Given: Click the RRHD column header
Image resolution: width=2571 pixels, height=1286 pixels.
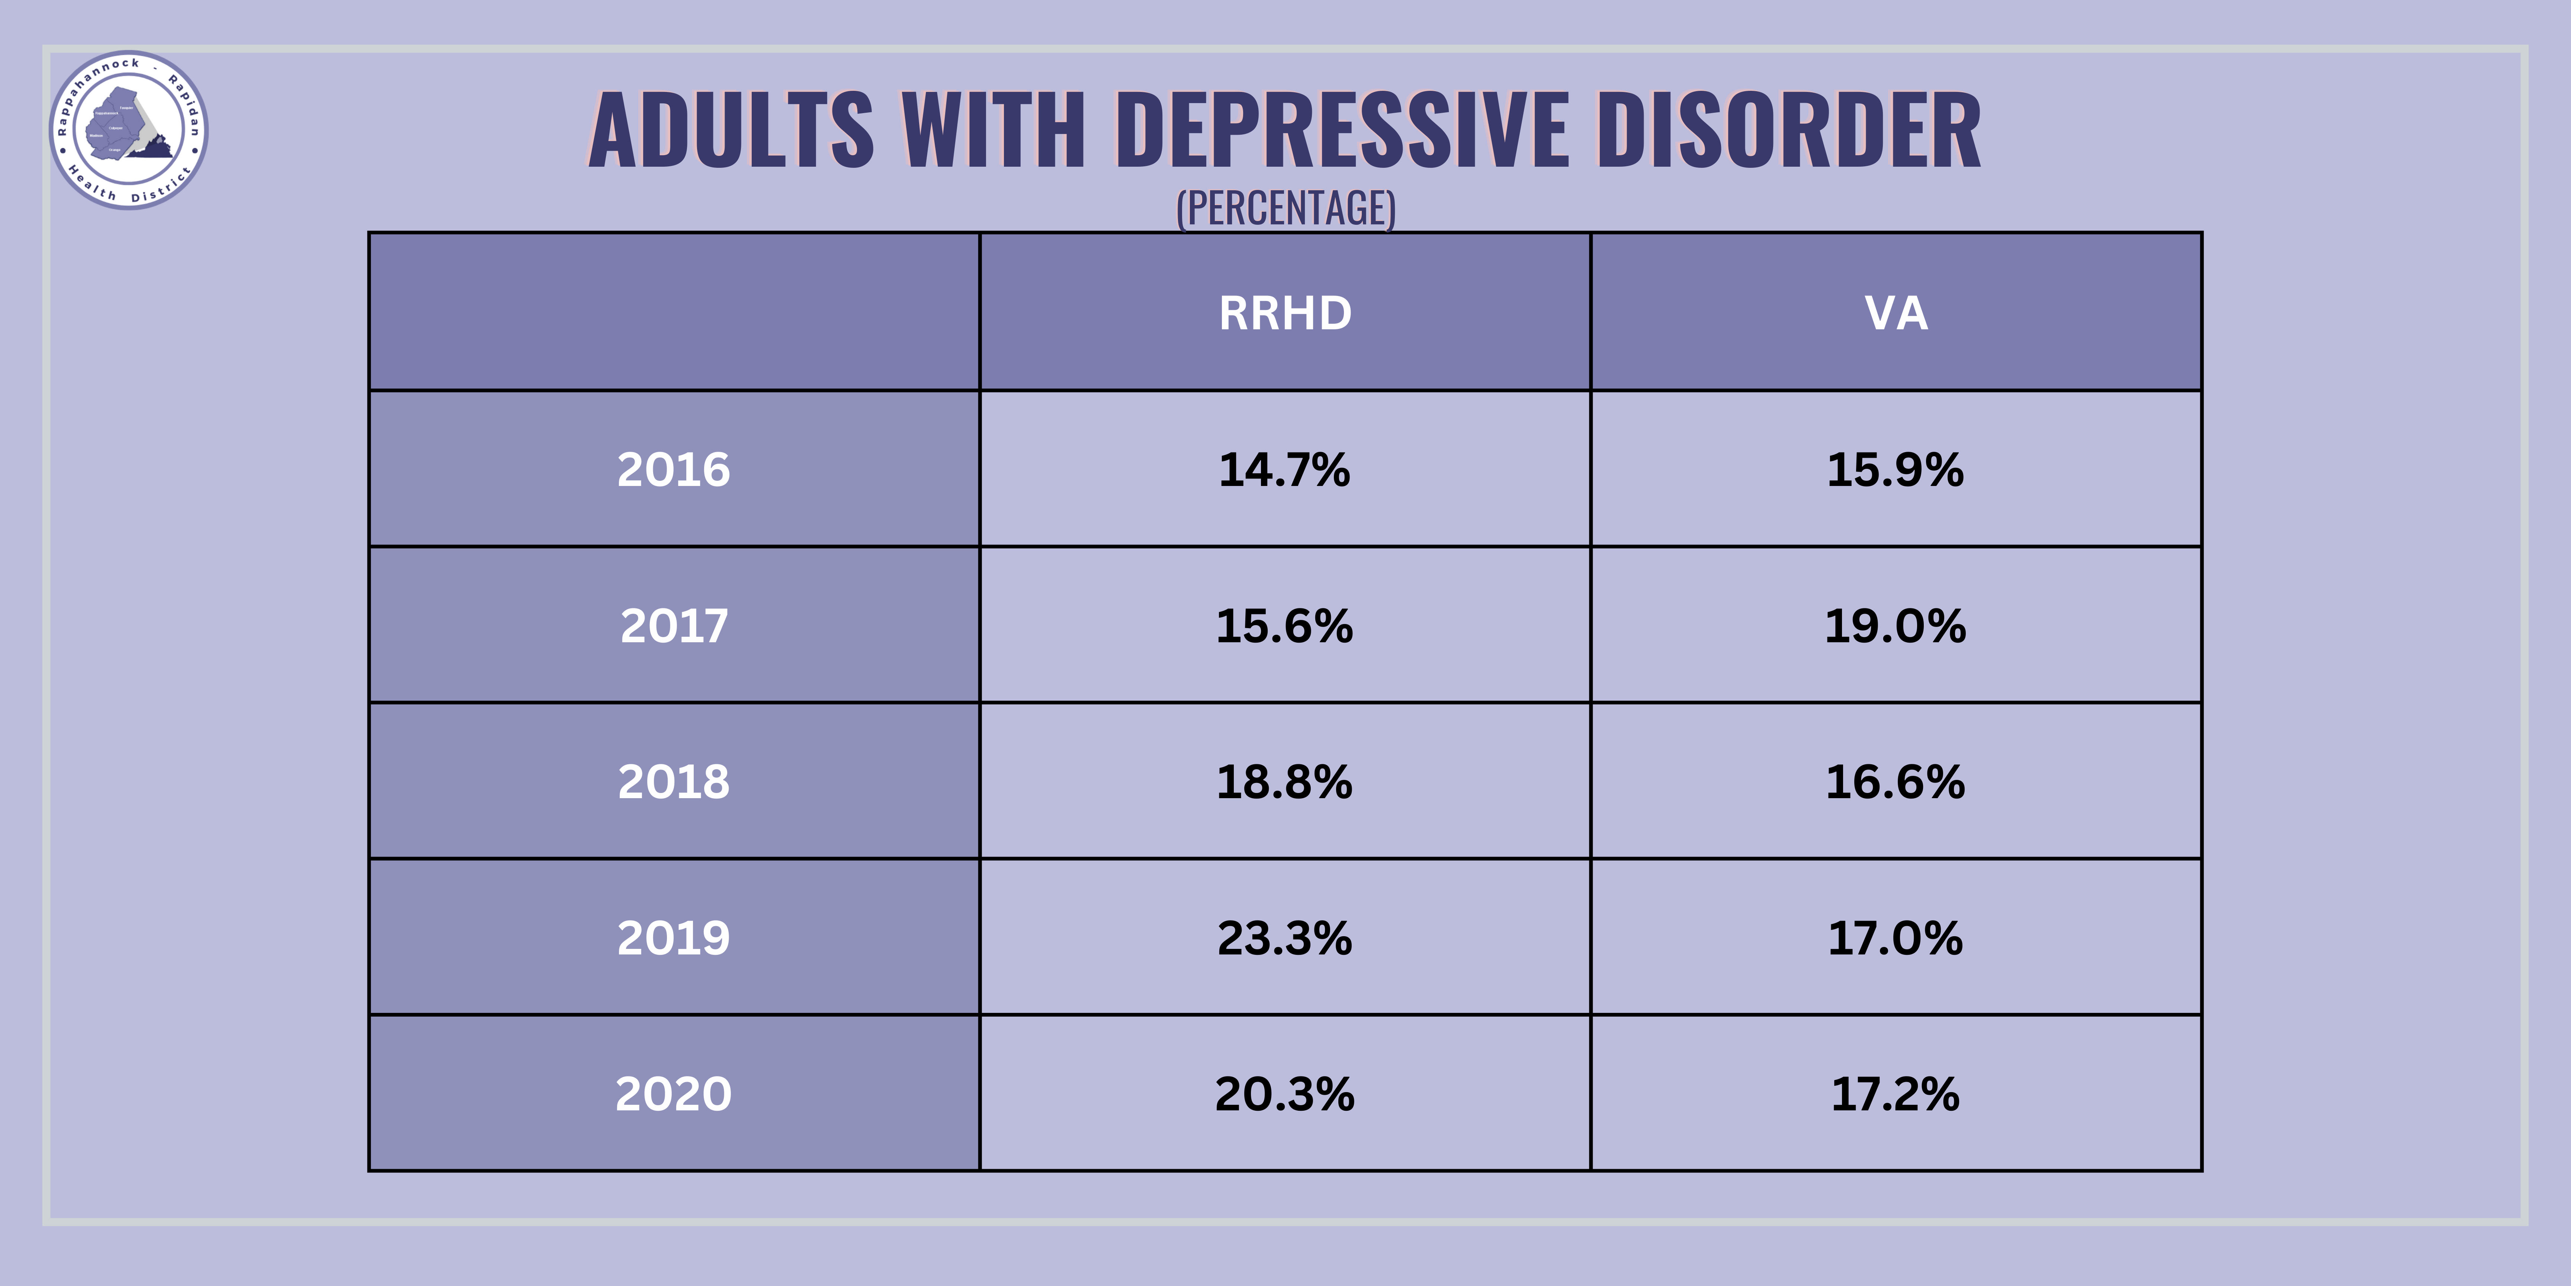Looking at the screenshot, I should tap(1284, 313).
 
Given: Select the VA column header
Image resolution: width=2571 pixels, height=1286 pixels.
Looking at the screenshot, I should tap(1895, 313).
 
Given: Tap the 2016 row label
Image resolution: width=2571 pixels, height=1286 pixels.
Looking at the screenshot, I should tap(674, 469).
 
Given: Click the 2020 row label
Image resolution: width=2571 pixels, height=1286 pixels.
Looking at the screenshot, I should tap(674, 1093).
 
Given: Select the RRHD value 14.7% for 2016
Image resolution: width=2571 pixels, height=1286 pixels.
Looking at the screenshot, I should tap(1284, 469).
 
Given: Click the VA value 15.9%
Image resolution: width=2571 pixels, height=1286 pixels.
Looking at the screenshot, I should tap(1895, 469).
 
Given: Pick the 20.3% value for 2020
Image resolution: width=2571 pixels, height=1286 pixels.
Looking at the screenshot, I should tap(1284, 1093).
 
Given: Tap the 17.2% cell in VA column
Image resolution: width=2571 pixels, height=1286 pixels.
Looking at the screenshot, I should tap(1895, 1093).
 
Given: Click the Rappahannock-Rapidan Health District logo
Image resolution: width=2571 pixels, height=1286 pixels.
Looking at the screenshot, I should tap(129, 130).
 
